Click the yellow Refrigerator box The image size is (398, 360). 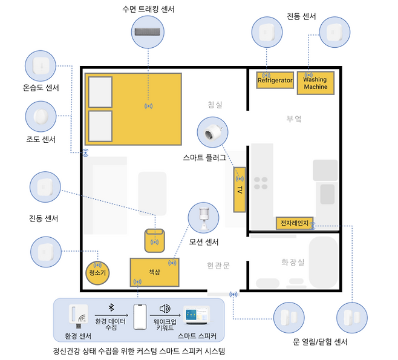tap(275, 80)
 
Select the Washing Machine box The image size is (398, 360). tap(315, 83)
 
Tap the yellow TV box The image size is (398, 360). tap(240, 189)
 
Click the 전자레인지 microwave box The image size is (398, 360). tap(293, 223)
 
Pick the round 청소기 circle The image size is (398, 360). tap(97, 272)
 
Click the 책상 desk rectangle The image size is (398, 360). tap(155, 272)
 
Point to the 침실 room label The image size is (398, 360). tap(214, 105)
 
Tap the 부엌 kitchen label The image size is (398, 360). tap(294, 119)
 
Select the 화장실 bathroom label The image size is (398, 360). tap(293, 263)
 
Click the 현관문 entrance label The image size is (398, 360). tap(218, 265)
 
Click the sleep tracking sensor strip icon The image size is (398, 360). tap(148, 31)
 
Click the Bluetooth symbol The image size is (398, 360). tap(110, 307)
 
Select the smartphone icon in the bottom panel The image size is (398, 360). tap(140, 316)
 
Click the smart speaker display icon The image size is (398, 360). tap(197, 315)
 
